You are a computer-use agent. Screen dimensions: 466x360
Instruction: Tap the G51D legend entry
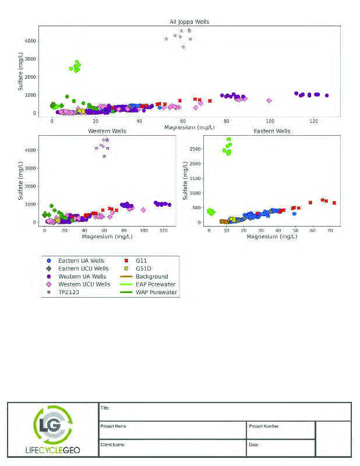(145, 269)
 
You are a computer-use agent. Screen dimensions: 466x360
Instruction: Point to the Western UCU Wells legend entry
(84, 284)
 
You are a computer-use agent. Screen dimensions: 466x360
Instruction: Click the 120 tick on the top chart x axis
(313, 121)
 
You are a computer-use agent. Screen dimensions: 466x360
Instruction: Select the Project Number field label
(263, 426)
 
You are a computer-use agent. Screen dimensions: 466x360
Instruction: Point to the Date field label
(253, 444)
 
